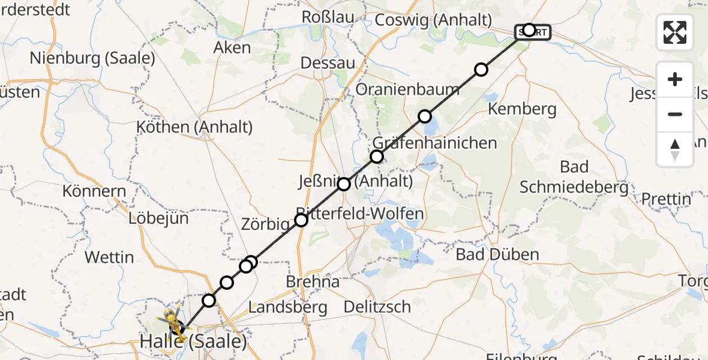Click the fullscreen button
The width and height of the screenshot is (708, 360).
click(675, 32)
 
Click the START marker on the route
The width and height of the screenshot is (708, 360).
click(532, 32)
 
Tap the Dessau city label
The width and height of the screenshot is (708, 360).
click(328, 63)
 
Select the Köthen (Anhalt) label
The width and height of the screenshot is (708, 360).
click(194, 127)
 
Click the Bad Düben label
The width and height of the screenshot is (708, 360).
click(497, 254)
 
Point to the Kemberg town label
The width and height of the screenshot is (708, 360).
click(522, 109)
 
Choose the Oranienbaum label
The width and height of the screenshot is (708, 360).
click(407, 89)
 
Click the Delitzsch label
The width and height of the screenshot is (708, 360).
click(377, 307)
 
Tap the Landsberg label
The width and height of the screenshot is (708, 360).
click(287, 307)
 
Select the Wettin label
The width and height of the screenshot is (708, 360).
click(109, 257)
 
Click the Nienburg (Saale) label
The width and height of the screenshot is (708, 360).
click(92, 58)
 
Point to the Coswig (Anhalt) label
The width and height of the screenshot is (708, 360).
click(433, 20)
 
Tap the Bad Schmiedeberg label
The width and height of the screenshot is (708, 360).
click(574, 177)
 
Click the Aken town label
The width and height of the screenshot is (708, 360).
click(232, 47)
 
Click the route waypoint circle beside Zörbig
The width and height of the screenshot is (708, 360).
click(301, 220)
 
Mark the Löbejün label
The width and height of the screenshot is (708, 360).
click(158, 218)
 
